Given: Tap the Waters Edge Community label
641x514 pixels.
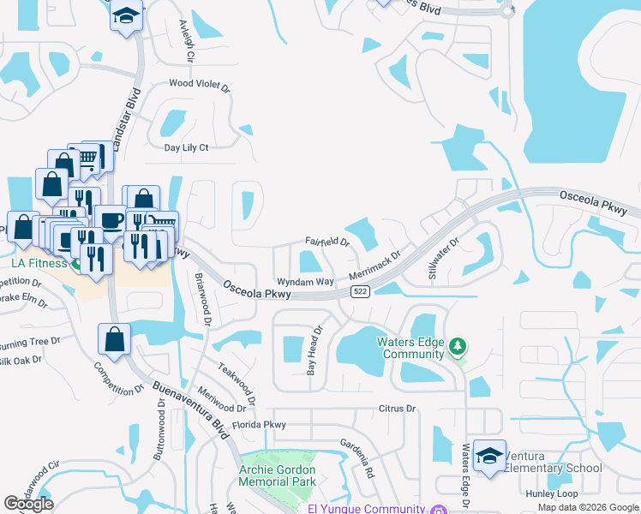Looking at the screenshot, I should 412,348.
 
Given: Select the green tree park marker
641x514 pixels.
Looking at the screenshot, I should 458,346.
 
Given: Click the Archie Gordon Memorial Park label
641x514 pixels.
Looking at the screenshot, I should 277,475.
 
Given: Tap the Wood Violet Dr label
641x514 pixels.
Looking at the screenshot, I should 200,84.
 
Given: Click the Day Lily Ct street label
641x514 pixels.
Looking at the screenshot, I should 186,147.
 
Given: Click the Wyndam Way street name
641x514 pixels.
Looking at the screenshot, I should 304,281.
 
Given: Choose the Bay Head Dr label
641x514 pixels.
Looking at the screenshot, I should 314,350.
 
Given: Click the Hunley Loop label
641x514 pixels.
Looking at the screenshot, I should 554,493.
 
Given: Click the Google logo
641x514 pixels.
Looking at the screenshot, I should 28,504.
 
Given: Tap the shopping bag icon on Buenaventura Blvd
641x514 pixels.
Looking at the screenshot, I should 114,339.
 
